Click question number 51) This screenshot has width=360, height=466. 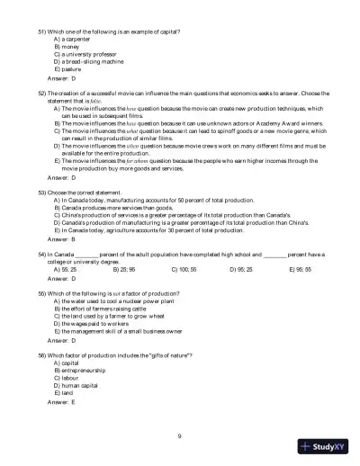pyautogui.click(x=43, y=31)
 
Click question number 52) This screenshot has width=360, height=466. pyautogui.click(x=43, y=93)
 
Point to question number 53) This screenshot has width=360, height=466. pyautogui.click(x=43, y=193)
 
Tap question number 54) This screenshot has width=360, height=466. pyautogui.click(x=43, y=255)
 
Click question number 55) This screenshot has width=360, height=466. pyautogui.click(x=43, y=293)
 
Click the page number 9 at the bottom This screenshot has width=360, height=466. pyautogui.click(x=180, y=435)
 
